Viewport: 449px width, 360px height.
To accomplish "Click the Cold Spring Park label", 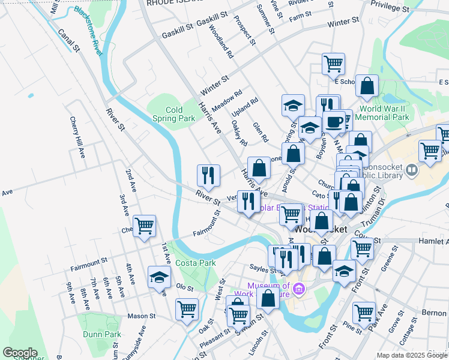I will [180, 114].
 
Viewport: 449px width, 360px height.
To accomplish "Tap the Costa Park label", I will [195, 263].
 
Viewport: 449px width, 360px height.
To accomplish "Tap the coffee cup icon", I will [334, 122].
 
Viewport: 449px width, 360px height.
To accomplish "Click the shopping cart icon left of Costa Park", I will [144, 226].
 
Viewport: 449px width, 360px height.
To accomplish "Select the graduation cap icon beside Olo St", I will [158, 277].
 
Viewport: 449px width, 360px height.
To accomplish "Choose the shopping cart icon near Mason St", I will [187, 310].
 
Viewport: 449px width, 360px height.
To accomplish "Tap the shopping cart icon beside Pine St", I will [364, 313].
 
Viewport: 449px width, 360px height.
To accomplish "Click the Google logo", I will [20, 352].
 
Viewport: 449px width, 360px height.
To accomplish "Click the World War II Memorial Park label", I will [384, 113].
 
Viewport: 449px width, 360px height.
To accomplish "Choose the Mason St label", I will [142, 316].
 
